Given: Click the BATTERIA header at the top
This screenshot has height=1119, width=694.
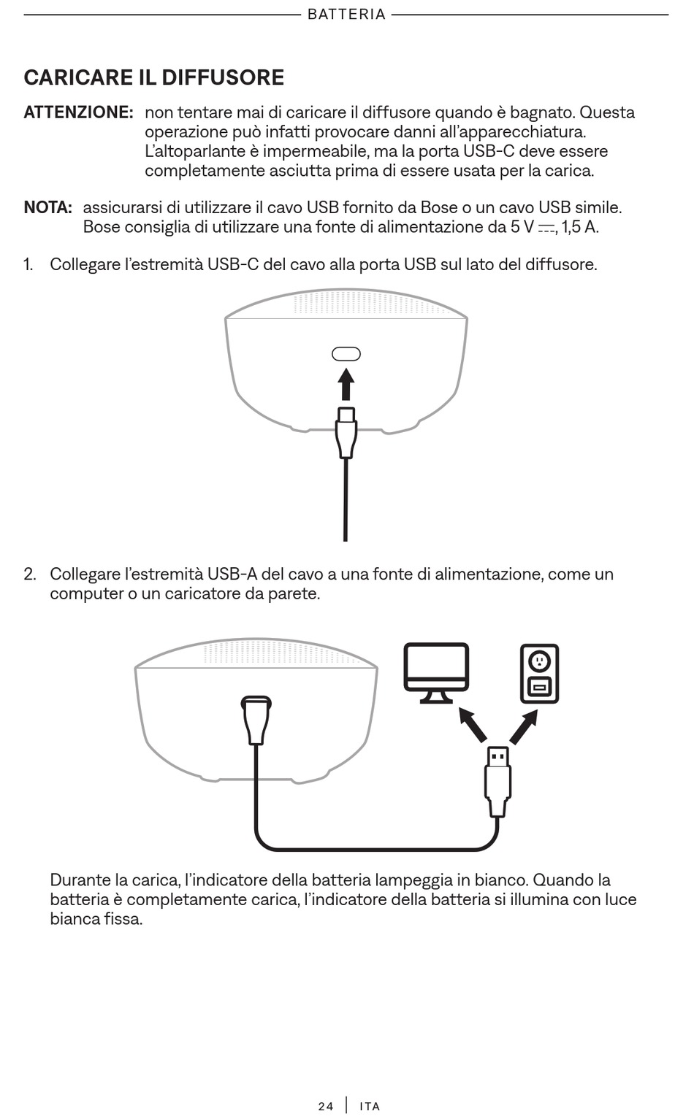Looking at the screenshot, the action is point(346,15).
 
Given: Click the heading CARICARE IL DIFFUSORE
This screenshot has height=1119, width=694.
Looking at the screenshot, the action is point(153,77).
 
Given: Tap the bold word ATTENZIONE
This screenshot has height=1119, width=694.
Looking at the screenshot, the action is point(78,112).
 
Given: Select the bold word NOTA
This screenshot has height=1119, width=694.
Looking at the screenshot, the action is point(47,207).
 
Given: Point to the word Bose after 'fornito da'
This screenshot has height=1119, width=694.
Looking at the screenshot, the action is point(438,207).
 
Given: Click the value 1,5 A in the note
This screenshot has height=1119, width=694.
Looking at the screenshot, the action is point(580,227).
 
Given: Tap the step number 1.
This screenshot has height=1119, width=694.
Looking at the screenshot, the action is point(28,264).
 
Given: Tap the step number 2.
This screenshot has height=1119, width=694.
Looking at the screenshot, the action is point(29,574).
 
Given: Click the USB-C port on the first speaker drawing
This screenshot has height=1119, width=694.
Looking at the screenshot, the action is point(346,354).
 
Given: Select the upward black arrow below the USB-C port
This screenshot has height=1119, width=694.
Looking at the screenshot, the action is point(346,384).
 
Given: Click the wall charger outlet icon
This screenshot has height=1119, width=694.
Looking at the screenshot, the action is point(539,673).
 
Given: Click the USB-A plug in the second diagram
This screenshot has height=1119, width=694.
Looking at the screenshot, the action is point(497,781).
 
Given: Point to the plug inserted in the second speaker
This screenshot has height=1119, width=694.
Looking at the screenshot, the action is point(256,720).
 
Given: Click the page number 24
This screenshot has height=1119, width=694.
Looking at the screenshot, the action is point(326,1107).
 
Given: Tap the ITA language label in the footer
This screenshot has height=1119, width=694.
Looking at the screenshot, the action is point(370,1107).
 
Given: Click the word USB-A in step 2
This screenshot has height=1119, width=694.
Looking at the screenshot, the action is point(232,574).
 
